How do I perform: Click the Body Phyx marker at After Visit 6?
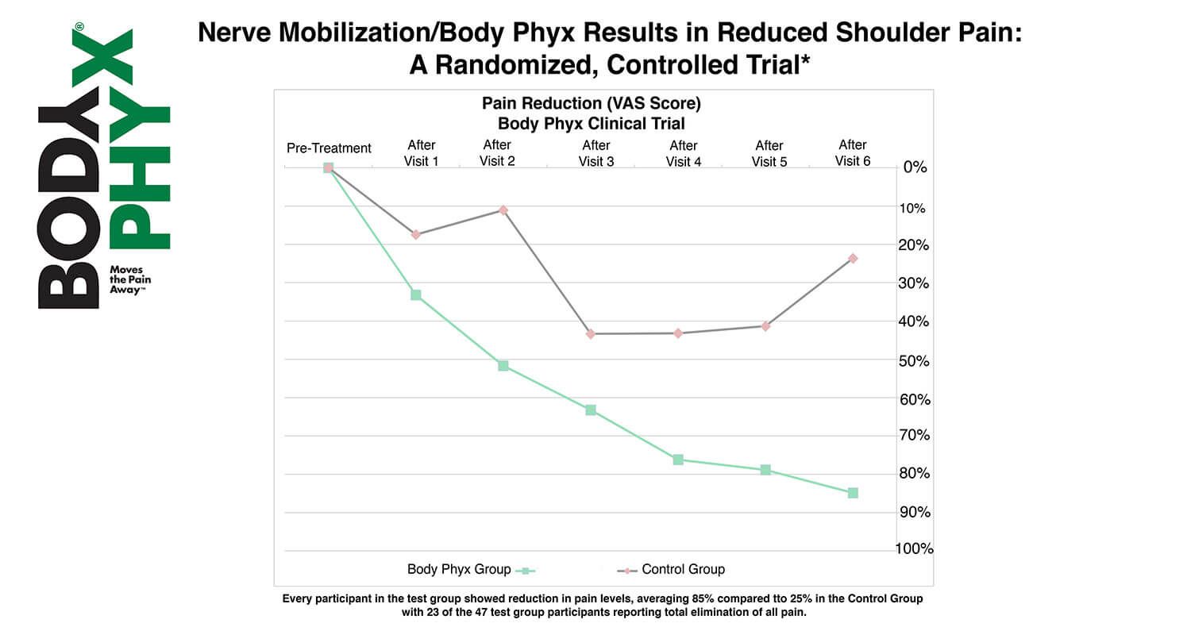[x=853, y=493]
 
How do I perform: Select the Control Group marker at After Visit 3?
[x=591, y=334]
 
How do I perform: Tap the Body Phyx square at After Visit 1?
[x=415, y=295]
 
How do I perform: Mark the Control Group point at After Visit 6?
[x=853, y=259]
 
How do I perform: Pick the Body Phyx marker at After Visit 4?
[x=678, y=460]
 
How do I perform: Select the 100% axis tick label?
[x=915, y=548]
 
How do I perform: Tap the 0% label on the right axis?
[x=915, y=168]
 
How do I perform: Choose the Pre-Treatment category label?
[x=329, y=148]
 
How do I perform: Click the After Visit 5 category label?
[x=769, y=153]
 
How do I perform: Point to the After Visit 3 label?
[x=595, y=153]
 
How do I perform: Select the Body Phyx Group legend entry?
[x=459, y=570]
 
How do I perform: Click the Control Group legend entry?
[x=683, y=570]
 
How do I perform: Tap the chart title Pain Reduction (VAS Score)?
[x=592, y=104]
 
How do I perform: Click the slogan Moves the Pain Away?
[x=129, y=279]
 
